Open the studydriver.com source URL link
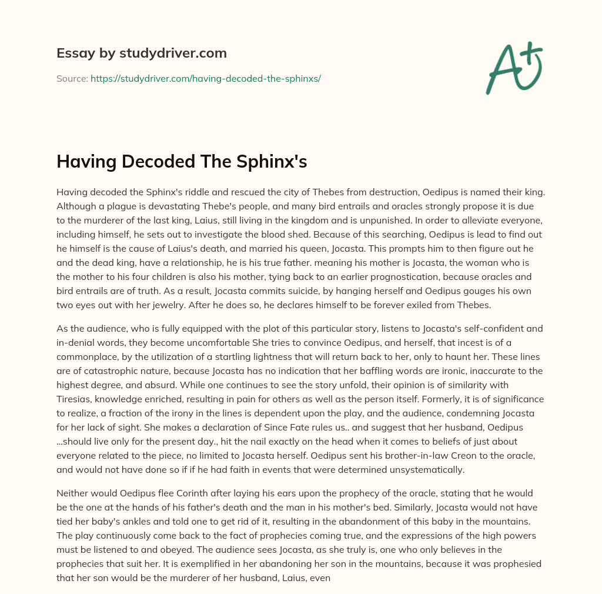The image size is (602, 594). pyautogui.click(x=205, y=78)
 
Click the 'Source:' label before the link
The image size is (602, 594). pyautogui.click(x=72, y=78)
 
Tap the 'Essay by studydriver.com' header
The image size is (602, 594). pyautogui.click(x=141, y=53)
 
